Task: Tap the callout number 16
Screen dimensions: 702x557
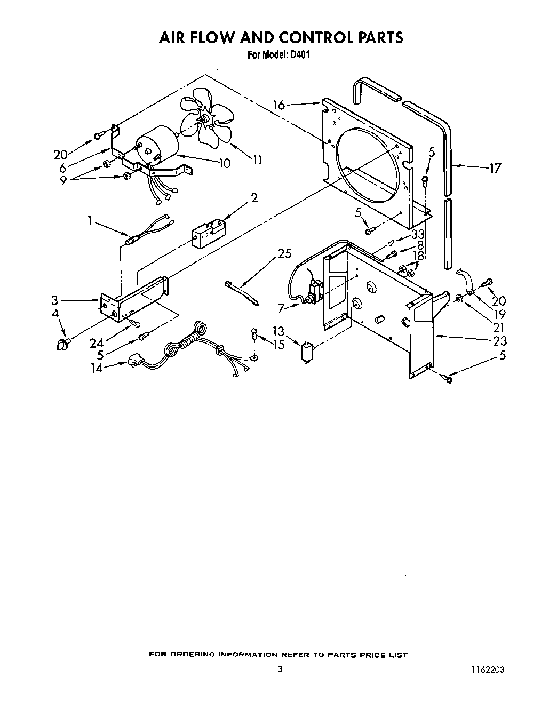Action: (x=280, y=105)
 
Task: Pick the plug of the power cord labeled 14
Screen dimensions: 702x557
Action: (x=134, y=364)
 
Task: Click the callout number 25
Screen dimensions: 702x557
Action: (x=285, y=254)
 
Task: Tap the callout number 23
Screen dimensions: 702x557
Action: (x=500, y=341)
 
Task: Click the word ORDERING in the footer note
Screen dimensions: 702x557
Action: (x=193, y=655)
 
